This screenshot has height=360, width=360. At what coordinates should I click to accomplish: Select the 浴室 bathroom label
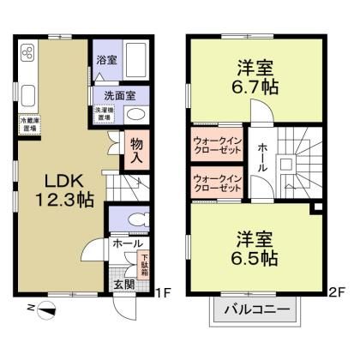(107, 61)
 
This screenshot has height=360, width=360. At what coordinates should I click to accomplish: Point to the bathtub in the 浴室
(138, 60)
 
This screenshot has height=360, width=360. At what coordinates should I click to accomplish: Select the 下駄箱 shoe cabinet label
(144, 261)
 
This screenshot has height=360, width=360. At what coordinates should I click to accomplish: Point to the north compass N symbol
(32, 306)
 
